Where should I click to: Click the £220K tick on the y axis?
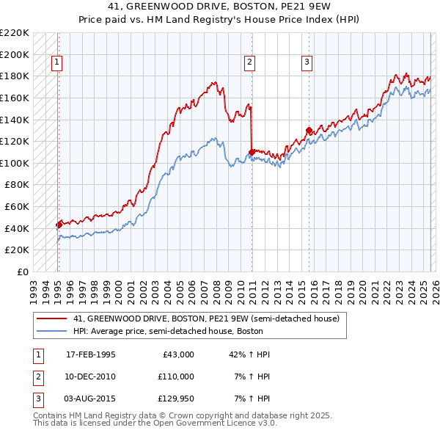click(x=15, y=33)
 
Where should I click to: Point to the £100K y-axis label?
click(x=15, y=163)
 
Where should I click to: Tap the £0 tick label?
click(x=22, y=272)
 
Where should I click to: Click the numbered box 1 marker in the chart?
click(x=57, y=63)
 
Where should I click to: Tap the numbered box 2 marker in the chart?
click(x=250, y=63)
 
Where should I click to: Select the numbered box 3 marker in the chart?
click(x=307, y=63)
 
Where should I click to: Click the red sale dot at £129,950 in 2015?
click(x=309, y=131)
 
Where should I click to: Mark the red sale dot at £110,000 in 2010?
click(x=252, y=153)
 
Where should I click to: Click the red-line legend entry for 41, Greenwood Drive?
click(x=205, y=319)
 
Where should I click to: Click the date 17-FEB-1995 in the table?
click(x=90, y=354)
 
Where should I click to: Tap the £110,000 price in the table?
click(x=175, y=376)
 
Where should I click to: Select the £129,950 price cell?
click(x=175, y=399)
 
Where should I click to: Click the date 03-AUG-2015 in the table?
click(x=90, y=399)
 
